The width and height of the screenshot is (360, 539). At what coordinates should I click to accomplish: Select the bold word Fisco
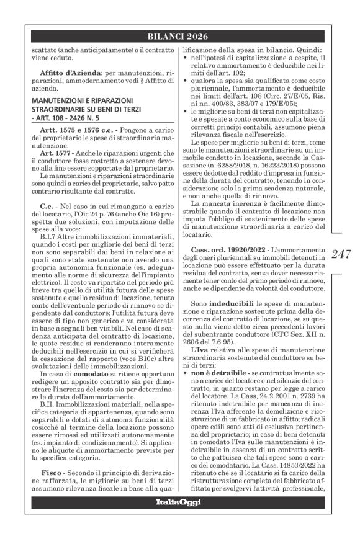pyautogui.click(x=55, y=472)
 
